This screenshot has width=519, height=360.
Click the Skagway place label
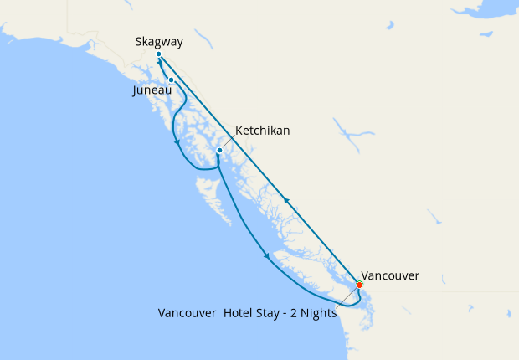coord(159,41)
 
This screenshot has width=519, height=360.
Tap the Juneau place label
coord(152,90)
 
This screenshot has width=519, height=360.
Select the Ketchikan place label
coord(263,131)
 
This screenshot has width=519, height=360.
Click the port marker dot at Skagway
coord(158,55)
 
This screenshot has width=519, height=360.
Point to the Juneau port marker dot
coord(171,80)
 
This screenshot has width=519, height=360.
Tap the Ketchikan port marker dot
coord(219,151)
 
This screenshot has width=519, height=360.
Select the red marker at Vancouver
coord(359,285)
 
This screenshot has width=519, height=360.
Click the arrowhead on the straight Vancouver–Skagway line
coord(286,201)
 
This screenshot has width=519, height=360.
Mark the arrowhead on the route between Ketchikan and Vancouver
coord(266,255)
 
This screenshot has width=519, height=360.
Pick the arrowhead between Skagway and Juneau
coord(159,63)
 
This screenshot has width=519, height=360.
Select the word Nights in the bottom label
coord(319,313)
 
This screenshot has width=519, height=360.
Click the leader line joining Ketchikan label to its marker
coord(228,142)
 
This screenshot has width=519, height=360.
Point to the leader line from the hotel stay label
coord(347,296)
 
